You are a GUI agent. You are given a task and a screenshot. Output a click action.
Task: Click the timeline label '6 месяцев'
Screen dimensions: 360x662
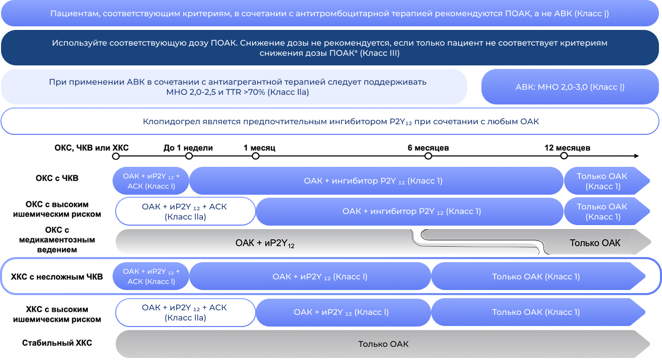click(428, 148)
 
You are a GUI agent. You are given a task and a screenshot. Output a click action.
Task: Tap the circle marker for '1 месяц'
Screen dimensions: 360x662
click(256, 156)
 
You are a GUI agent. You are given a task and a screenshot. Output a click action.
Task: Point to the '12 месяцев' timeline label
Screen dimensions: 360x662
click(567, 148)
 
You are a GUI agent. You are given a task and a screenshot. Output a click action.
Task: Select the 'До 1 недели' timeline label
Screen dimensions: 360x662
click(188, 148)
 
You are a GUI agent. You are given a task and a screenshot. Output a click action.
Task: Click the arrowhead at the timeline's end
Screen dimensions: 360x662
click(636, 156)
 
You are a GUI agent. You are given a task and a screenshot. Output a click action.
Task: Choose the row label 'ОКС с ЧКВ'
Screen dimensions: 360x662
click(57, 178)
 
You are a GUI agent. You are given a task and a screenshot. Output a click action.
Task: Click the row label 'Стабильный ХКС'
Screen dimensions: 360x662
click(57, 343)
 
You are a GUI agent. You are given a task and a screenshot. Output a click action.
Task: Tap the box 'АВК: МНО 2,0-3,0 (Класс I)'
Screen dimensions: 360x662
click(570, 87)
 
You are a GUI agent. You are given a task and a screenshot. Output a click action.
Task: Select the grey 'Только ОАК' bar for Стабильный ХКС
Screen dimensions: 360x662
click(383, 344)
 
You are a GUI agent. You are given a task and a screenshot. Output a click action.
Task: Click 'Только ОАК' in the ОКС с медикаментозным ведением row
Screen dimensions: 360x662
click(595, 243)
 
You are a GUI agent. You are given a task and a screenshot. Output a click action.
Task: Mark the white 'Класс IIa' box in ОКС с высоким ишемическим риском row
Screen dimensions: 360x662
click(185, 211)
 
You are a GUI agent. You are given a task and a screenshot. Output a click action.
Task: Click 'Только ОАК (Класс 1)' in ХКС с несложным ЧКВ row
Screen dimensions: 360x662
click(536, 277)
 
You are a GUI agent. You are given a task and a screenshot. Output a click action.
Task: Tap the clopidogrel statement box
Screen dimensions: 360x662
click(330, 122)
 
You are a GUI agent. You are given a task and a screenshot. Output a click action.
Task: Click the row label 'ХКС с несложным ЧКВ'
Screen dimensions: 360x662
click(57, 277)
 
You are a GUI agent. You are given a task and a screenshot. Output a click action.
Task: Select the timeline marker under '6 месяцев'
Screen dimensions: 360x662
click(428, 156)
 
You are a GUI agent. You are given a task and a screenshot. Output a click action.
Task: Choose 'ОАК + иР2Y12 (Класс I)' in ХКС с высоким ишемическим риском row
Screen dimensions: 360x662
click(341, 312)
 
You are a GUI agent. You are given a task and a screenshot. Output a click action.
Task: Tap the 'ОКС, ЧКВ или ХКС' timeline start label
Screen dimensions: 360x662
click(91, 148)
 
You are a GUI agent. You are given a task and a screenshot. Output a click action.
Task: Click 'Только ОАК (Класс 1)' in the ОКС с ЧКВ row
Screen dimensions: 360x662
click(602, 181)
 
